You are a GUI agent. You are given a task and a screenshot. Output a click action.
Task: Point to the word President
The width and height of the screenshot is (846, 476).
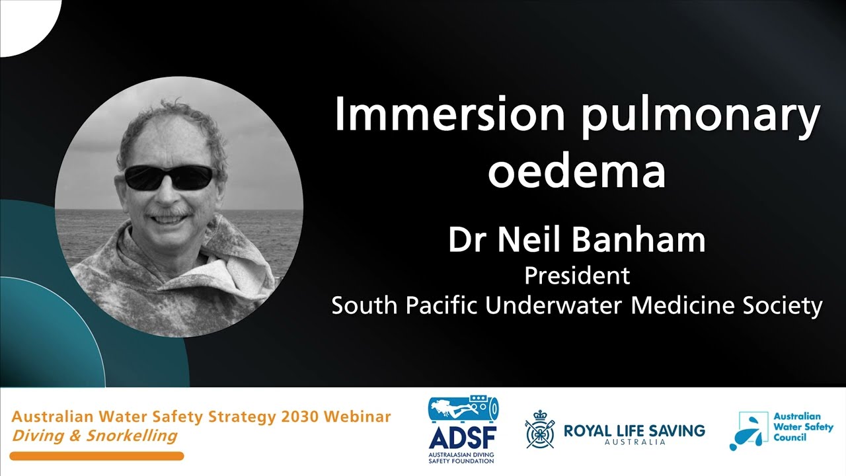pos(577,275)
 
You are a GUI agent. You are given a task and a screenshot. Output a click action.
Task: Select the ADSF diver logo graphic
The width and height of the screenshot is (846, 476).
pos(463,410)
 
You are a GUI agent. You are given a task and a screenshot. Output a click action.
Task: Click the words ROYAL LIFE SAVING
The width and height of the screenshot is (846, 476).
pos(634,431)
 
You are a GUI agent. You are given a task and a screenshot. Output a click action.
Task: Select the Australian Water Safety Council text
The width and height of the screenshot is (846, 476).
pos(802,426)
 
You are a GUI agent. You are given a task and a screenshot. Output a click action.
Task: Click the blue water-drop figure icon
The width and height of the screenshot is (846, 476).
pos(748,431)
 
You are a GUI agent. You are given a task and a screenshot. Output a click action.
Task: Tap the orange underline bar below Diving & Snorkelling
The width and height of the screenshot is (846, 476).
pos(96,456)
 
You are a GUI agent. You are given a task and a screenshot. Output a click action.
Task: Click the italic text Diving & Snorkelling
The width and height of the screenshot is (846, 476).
pos(95,436)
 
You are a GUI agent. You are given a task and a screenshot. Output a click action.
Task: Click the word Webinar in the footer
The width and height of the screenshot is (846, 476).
pos(358,417)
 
